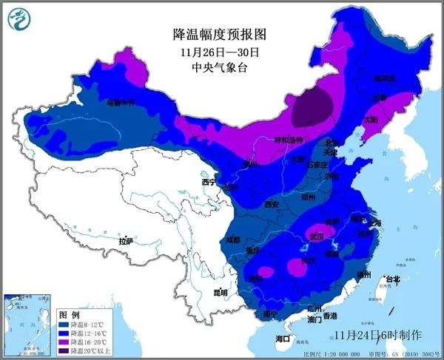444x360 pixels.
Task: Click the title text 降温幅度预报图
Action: [218, 35]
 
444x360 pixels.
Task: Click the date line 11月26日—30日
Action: [218, 52]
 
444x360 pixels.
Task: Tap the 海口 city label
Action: [283, 339]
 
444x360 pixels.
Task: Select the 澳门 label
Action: [313, 320]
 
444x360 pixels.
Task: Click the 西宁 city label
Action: [208, 182]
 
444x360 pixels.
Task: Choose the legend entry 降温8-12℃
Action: [89, 324]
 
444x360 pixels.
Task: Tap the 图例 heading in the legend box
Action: [69, 314]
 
